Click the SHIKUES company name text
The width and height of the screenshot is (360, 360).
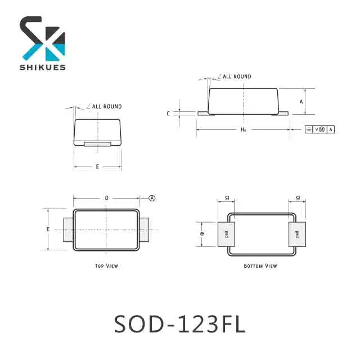tap(43, 67)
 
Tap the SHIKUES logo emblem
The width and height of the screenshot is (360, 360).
tap(43, 38)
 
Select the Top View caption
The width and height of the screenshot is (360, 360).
tap(106, 265)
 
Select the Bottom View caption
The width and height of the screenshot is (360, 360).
tap(260, 265)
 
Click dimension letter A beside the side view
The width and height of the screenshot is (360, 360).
tap(301, 102)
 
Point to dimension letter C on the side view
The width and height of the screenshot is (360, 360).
tap(168, 114)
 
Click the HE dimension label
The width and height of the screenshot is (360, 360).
tap(244, 129)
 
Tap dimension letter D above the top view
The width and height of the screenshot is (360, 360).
tap(106, 198)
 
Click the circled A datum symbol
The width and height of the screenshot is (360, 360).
tap(152, 198)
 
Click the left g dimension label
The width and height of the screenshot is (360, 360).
tap(227, 197)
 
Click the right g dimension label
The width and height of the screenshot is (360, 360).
tap(298, 197)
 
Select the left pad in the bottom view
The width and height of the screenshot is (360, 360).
tap(227, 234)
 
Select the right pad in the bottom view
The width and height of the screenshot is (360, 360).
tap(296, 234)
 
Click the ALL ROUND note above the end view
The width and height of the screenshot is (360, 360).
tap(107, 106)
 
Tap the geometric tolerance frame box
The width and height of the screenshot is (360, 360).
tap(319, 129)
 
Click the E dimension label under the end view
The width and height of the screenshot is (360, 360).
tap(97, 166)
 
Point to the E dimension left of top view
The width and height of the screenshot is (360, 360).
tap(48, 229)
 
